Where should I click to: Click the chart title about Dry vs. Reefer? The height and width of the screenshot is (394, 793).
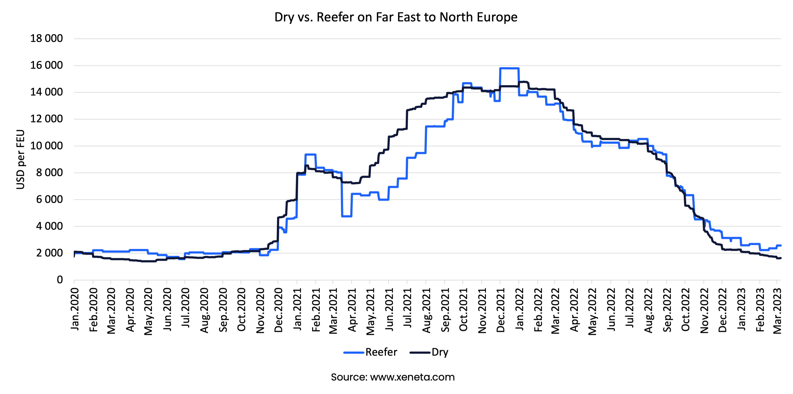pyautogui.click(x=396, y=17)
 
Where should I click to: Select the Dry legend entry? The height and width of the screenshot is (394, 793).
pyautogui.click(x=429, y=352)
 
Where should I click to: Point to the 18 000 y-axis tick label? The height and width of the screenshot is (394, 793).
pyautogui.click(x=47, y=39)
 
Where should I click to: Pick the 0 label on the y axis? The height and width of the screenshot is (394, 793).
pyautogui.click(x=60, y=280)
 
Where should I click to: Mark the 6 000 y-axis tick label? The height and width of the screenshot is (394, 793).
pyautogui.click(x=49, y=199)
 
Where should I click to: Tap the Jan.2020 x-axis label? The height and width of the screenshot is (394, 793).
pyautogui.click(x=75, y=310)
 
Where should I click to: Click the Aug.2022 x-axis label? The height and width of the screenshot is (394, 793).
pyautogui.click(x=648, y=311)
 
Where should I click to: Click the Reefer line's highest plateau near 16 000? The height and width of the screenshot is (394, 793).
pyautogui.click(x=509, y=68)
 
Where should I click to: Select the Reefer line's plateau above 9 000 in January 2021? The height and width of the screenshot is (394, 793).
pyautogui.click(x=310, y=155)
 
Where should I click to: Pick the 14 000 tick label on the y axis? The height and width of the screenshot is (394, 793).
pyautogui.click(x=47, y=92)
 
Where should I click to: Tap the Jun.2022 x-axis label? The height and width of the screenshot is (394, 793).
pyautogui.click(x=611, y=310)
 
